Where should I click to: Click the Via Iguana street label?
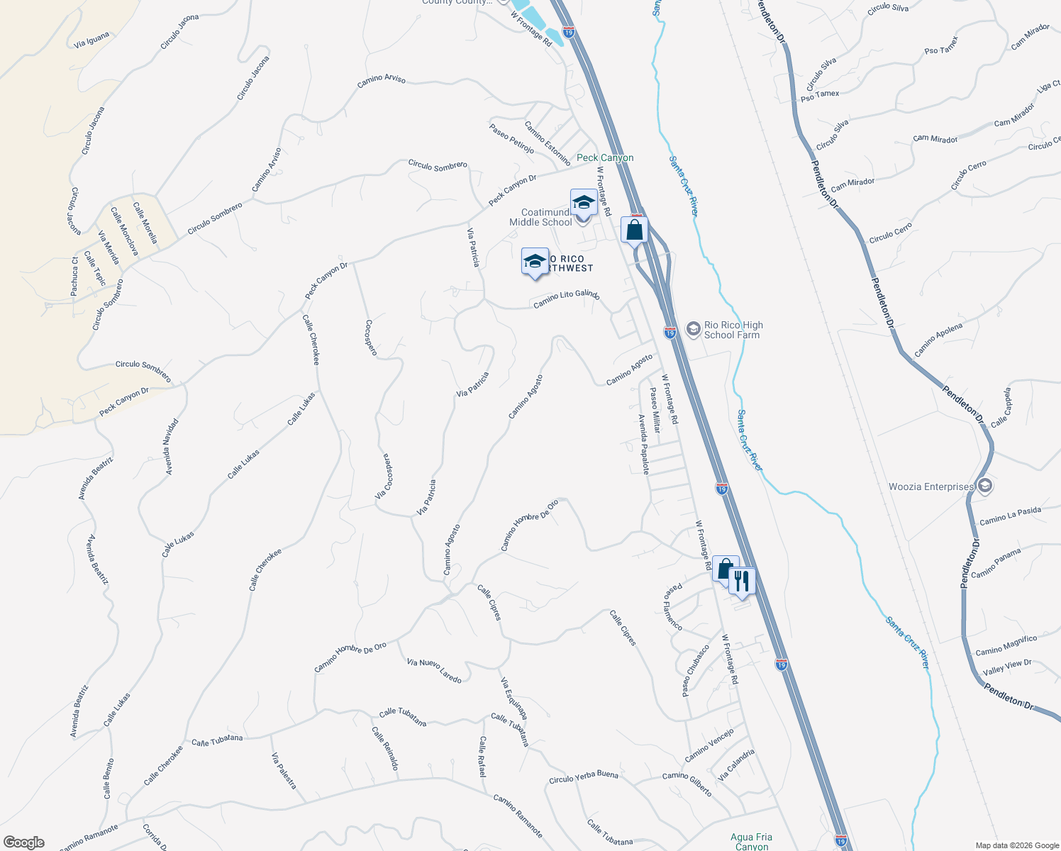tap(91, 40)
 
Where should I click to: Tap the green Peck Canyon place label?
tap(605, 158)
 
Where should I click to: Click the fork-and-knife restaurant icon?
tap(741, 582)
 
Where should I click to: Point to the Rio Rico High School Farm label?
tap(732, 330)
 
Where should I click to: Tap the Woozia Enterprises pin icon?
tap(984, 486)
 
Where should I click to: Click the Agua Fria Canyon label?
tap(752, 841)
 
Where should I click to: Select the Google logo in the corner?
tap(24, 842)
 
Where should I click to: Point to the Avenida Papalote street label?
tap(644, 444)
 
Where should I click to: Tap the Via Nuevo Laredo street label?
tap(434, 670)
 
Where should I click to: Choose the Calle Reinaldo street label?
tap(385, 748)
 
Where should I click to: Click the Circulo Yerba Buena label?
tap(584, 777)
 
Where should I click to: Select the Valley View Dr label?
tap(1007, 667)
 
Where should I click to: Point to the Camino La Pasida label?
tap(1010, 516)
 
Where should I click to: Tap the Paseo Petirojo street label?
tap(511, 138)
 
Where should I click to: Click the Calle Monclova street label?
tap(125, 231)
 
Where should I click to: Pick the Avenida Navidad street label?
tap(171, 447)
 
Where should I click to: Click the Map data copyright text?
tap(1016, 845)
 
